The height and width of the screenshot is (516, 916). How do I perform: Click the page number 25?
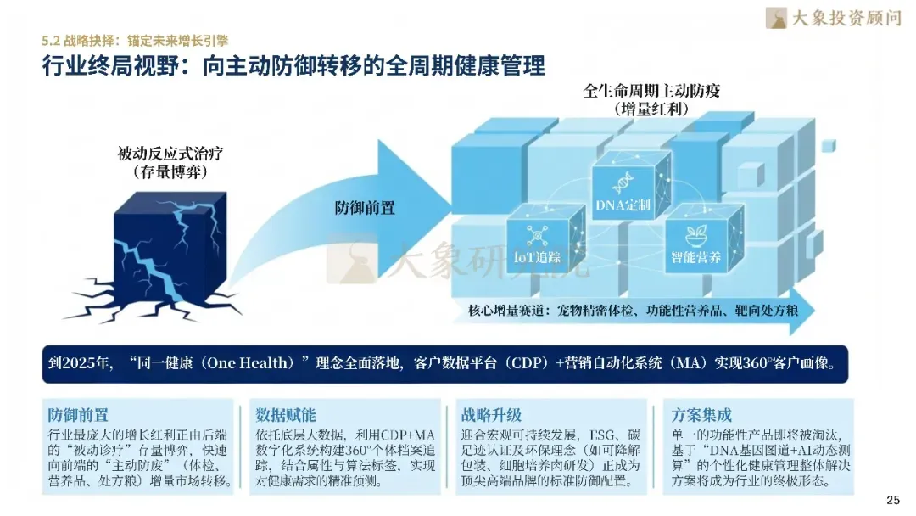tap(892, 499)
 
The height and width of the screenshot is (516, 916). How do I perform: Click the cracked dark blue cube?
tap(170, 246)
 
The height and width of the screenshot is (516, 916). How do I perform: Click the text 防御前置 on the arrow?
tap(365, 208)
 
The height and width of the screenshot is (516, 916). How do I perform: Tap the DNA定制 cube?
tap(623, 189)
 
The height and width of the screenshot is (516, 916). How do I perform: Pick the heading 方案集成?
tap(701, 416)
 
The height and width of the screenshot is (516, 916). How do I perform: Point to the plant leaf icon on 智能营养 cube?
tap(696, 231)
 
